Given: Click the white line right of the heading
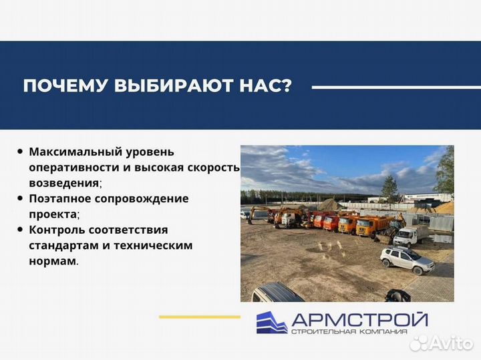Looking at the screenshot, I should tap(387, 87).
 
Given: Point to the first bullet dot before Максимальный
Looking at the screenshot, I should tap(21, 152).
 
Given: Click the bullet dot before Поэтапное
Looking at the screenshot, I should tap(21, 198).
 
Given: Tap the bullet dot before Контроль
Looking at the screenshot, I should tap(21, 230).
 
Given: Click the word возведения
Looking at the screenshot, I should tap(64, 182).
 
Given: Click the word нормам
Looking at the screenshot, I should tap(52, 261).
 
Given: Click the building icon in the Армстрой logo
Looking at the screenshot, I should tap(272, 322).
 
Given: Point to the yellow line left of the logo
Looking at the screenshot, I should tap(199, 317).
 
